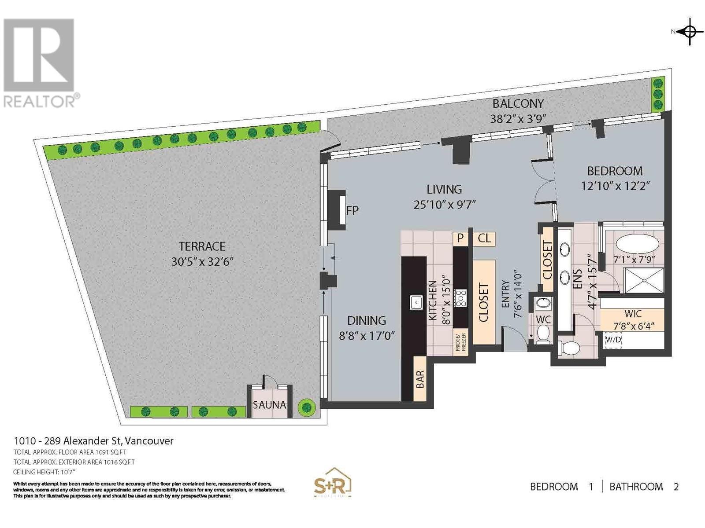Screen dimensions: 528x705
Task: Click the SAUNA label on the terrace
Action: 269,405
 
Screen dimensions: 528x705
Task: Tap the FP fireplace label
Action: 352,210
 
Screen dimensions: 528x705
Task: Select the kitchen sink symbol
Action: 416,303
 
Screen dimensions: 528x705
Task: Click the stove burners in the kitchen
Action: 461,298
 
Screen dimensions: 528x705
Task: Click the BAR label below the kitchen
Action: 420,379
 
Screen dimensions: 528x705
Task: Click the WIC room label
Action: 633,314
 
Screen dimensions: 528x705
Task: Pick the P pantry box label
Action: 460,238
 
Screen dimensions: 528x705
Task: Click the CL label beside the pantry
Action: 484,238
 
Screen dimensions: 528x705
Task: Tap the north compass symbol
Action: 690,32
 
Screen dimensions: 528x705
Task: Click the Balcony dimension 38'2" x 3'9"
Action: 518,119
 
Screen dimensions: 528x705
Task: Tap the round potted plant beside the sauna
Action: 305,407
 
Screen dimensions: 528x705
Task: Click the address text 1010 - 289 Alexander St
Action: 94,441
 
